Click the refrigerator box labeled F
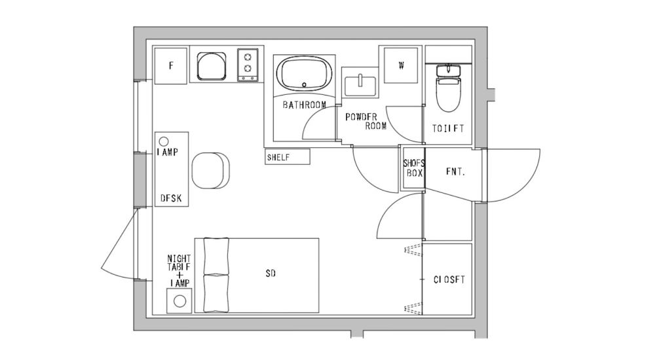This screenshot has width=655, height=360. click(170, 65)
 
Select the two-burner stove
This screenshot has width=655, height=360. click(248, 64)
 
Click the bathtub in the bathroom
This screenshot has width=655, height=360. click(305, 73)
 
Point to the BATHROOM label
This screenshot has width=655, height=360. click(305, 105)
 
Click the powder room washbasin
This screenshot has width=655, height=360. click(360, 84)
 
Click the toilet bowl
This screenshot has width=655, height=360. click(448, 95)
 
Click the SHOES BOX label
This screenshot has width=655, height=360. click(413, 168)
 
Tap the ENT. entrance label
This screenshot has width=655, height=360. click(455, 173)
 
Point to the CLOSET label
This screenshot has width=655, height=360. click(449, 279)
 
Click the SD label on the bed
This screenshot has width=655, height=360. click(270, 274)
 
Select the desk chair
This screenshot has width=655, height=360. click(211, 170)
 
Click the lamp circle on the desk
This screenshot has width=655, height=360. click(164, 141)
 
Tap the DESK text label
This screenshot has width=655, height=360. click(171, 198)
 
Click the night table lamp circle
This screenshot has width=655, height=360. click(179, 302)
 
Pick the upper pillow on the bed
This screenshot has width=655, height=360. click(215, 256)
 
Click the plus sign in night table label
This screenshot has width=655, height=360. click(179, 274)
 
